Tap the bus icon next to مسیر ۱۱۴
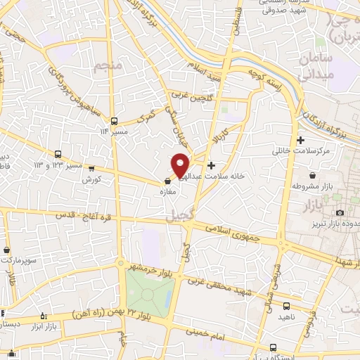(114, 120)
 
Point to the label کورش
(92, 179)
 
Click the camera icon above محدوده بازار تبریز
(340, 212)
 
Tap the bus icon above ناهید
(286, 306)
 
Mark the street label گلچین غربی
(188, 96)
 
